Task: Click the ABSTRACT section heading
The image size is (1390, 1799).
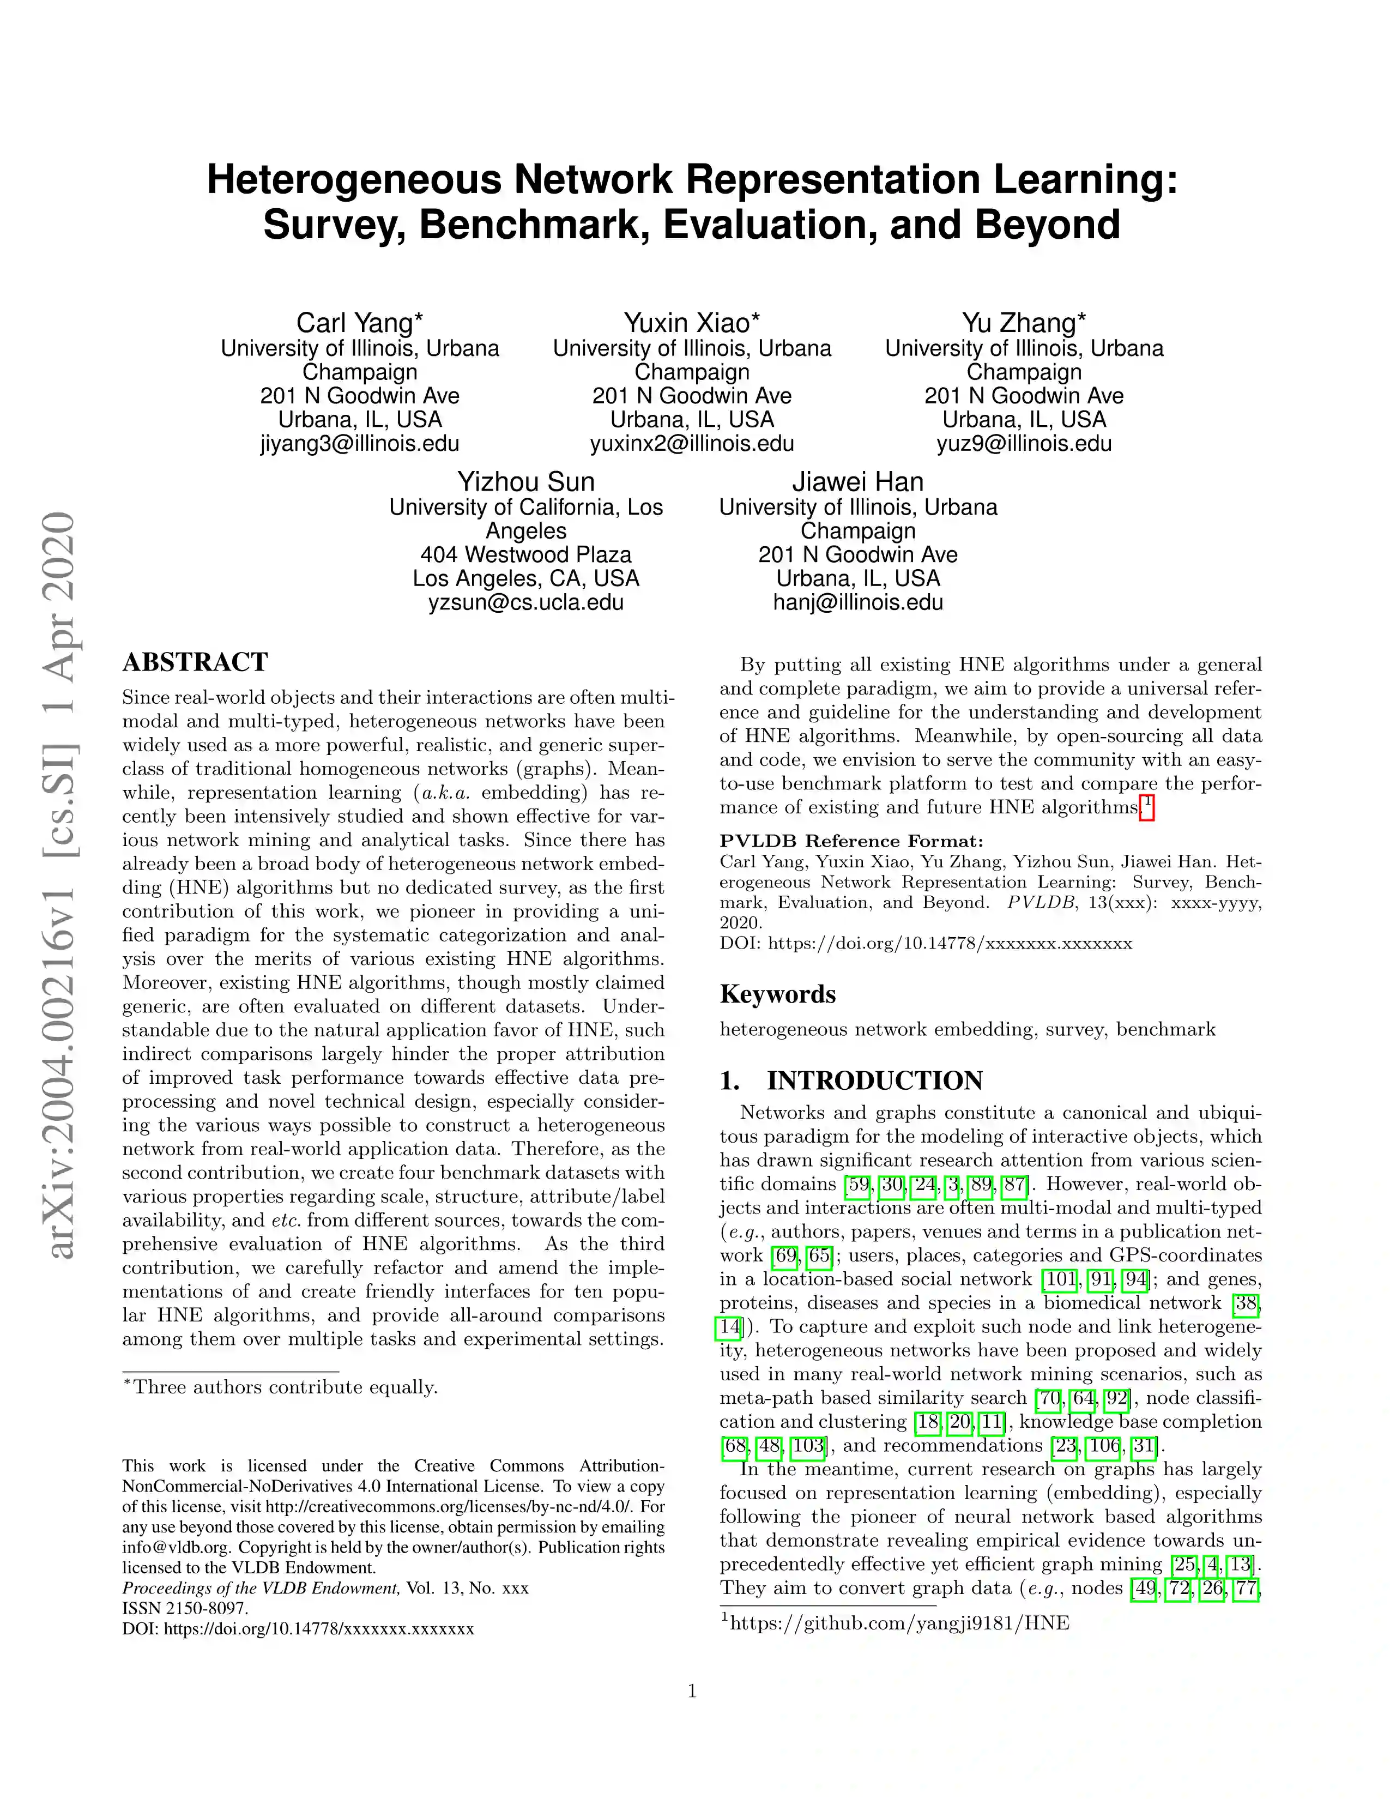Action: click(x=195, y=662)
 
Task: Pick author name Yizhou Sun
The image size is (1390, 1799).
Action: click(x=525, y=482)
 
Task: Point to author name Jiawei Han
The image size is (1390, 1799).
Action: click(x=857, y=482)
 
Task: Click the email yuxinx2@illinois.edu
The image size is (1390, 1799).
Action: click(x=692, y=444)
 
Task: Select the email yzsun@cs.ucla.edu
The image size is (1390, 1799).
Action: click(x=525, y=603)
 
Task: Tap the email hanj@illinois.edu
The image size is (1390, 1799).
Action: click(x=857, y=603)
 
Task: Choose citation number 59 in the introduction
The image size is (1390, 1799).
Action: click(x=858, y=1185)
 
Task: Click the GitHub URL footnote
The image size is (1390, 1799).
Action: click(x=898, y=1623)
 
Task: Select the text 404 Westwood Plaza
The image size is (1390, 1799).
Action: click(x=525, y=555)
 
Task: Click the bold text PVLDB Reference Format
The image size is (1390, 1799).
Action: click(x=851, y=841)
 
